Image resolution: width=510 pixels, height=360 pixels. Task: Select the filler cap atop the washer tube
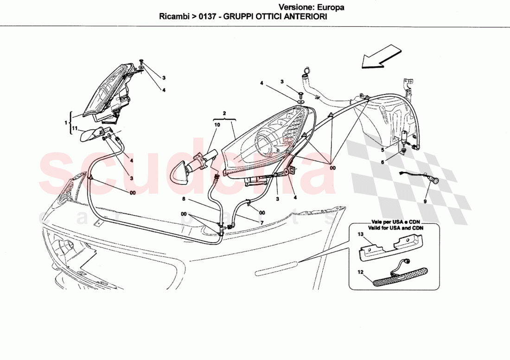(305, 71)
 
